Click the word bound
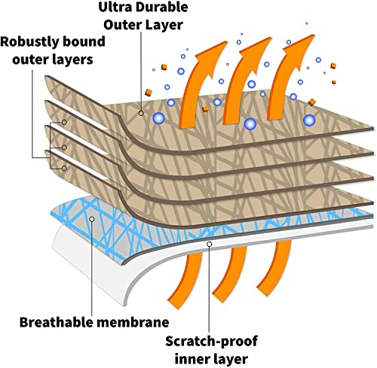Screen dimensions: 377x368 [x=84, y=41]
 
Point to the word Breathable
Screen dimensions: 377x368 [x=56, y=322]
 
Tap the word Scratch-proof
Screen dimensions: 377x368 [x=212, y=342]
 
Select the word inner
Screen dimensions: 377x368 [x=190, y=359]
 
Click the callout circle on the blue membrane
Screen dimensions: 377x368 [x=92, y=219]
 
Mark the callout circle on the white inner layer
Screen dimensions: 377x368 [x=209, y=244]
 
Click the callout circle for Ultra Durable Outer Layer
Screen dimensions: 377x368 [x=141, y=113]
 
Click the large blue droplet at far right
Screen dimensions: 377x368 [x=309, y=120]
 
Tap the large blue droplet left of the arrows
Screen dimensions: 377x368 [x=158, y=118]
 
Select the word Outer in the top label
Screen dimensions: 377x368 [x=122, y=25]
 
